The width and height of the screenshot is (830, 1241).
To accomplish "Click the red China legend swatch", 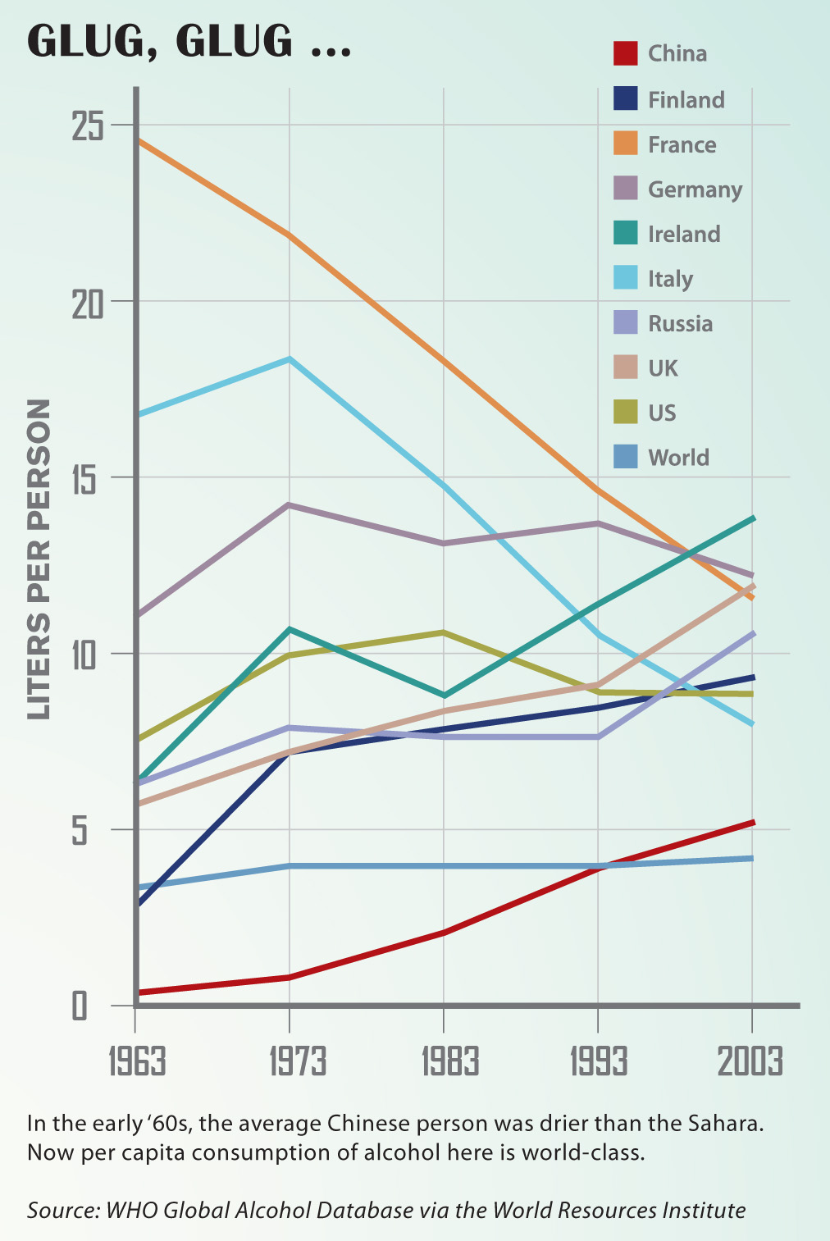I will coord(626,53).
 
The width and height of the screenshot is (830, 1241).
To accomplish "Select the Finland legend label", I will coord(686,100).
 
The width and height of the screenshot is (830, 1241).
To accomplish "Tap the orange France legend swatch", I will coord(626,144).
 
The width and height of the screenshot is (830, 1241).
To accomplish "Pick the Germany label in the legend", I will coord(695,189).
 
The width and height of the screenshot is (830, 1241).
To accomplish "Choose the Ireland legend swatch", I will coord(626,233).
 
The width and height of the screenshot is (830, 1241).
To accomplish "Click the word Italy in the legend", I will coord(670,280).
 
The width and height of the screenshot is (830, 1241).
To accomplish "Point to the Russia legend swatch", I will coord(626,322).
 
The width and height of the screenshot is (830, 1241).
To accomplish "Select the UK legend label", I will coord(663,368).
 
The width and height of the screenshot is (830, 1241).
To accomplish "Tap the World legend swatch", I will coord(626,457).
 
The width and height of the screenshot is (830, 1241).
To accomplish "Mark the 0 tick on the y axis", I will coord(80,1006).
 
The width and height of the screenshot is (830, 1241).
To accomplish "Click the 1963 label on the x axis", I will coord(137,1061).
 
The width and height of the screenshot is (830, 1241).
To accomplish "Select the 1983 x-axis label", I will coord(449,1061).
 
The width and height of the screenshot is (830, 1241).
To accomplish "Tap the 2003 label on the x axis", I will coord(750,1061).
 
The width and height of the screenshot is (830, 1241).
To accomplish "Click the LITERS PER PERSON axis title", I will coord(39,559).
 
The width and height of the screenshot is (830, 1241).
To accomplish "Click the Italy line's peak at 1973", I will coord(290,359).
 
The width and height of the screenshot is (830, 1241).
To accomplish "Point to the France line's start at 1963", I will coord(138,141).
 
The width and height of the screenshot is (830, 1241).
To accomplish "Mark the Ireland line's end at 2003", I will coord(752,518).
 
